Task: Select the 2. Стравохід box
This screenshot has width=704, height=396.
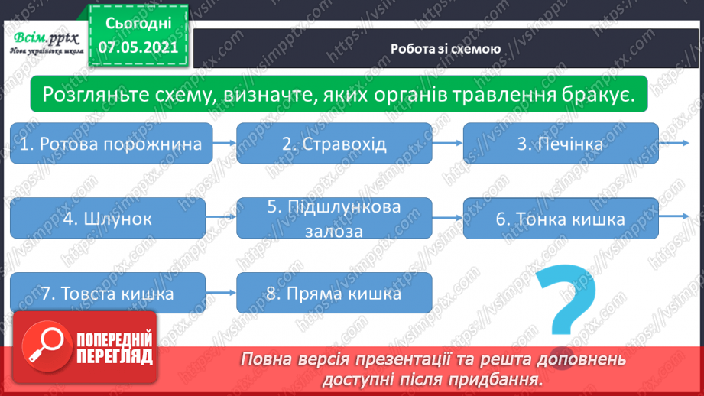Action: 334,143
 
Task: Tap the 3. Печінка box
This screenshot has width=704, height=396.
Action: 560,143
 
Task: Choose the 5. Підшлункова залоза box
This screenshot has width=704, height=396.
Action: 334,218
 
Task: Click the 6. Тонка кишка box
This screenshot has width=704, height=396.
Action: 560,218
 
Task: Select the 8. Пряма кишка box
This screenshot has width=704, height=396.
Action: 334,293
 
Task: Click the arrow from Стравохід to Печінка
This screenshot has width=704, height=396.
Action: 448,143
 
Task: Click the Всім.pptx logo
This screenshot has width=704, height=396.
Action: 44,41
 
